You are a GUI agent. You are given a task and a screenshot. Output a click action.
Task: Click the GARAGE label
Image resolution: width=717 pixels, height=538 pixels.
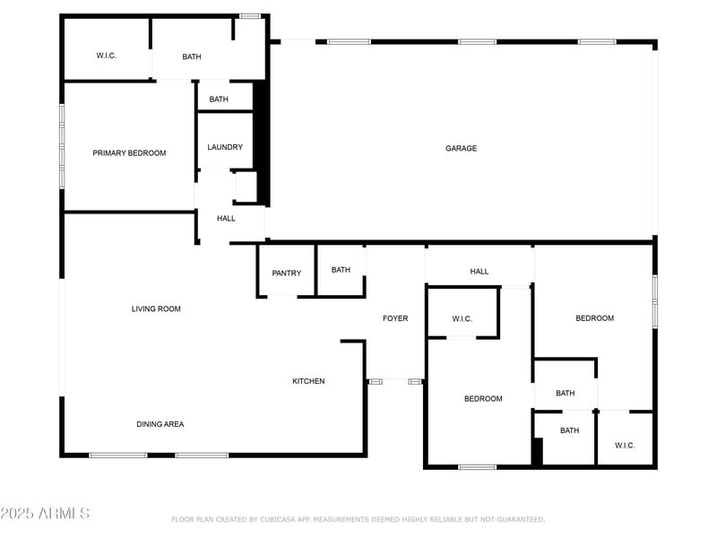(x=462, y=149)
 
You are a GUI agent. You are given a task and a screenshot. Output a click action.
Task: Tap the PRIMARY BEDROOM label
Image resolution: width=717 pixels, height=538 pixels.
(x=129, y=153)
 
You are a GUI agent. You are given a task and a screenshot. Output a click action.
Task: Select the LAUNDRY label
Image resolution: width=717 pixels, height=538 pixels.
(x=225, y=148)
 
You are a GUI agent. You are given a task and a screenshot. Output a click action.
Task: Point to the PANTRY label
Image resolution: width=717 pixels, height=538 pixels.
(x=287, y=273)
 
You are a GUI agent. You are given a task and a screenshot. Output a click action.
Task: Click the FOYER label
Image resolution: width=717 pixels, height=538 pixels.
(x=395, y=318)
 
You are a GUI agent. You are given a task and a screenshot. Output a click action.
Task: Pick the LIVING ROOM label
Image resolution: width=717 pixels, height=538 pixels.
(x=156, y=309)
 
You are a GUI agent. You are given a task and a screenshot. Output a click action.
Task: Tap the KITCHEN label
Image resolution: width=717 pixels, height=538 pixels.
(x=308, y=382)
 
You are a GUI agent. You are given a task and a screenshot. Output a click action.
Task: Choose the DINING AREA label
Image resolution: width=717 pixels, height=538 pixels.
(x=160, y=424)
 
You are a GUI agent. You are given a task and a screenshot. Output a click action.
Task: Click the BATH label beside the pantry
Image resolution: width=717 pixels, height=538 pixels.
(x=341, y=270)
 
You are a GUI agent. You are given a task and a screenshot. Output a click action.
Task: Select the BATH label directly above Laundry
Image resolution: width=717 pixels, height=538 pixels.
(x=219, y=100)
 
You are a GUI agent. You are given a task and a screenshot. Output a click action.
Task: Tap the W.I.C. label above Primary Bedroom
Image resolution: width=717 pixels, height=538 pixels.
(x=107, y=56)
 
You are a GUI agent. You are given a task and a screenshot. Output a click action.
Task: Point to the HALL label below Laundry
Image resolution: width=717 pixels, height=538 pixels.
(x=226, y=218)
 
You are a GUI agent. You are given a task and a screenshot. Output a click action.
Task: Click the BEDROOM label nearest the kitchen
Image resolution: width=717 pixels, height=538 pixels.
(x=483, y=399)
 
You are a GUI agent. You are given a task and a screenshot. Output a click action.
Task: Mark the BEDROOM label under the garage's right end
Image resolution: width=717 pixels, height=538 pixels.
(x=594, y=318)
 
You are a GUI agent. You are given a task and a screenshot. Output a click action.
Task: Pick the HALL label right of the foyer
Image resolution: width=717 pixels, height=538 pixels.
(x=479, y=272)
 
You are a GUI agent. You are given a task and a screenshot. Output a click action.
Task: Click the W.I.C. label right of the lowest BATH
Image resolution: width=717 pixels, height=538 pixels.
(x=625, y=446)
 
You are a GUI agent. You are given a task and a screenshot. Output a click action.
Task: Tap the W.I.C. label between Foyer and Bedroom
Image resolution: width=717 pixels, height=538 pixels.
(x=462, y=319)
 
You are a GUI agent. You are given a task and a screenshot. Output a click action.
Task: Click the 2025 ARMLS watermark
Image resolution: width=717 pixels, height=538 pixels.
(x=45, y=514)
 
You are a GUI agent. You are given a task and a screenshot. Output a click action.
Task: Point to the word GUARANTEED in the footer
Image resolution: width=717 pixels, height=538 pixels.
(x=516, y=519)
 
